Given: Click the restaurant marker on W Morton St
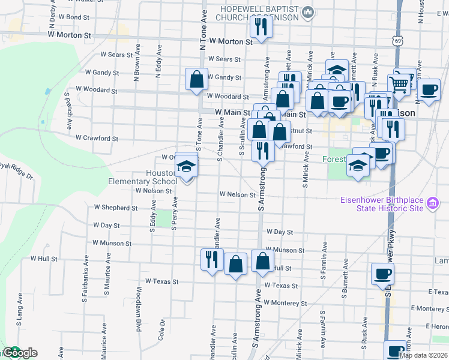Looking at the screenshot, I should pyautogui.click(x=261, y=26).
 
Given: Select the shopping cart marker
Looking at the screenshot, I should pyautogui.click(x=399, y=83).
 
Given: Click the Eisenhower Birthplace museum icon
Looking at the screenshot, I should pyautogui.click(x=432, y=204).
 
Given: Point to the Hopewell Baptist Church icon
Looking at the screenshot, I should pyautogui.click(x=308, y=11).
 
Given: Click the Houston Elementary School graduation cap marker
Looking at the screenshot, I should pyautogui.click(x=187, y=168).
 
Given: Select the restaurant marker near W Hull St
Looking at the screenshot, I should pyautogui.click(x=211, y=260).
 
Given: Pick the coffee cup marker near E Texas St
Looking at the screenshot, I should pyautogui.click(x=383, y=275).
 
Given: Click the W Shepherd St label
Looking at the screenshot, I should pyautogui.click(x=116, y=208).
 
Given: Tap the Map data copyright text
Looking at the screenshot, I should pyautogui.click(x=423, y=355).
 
